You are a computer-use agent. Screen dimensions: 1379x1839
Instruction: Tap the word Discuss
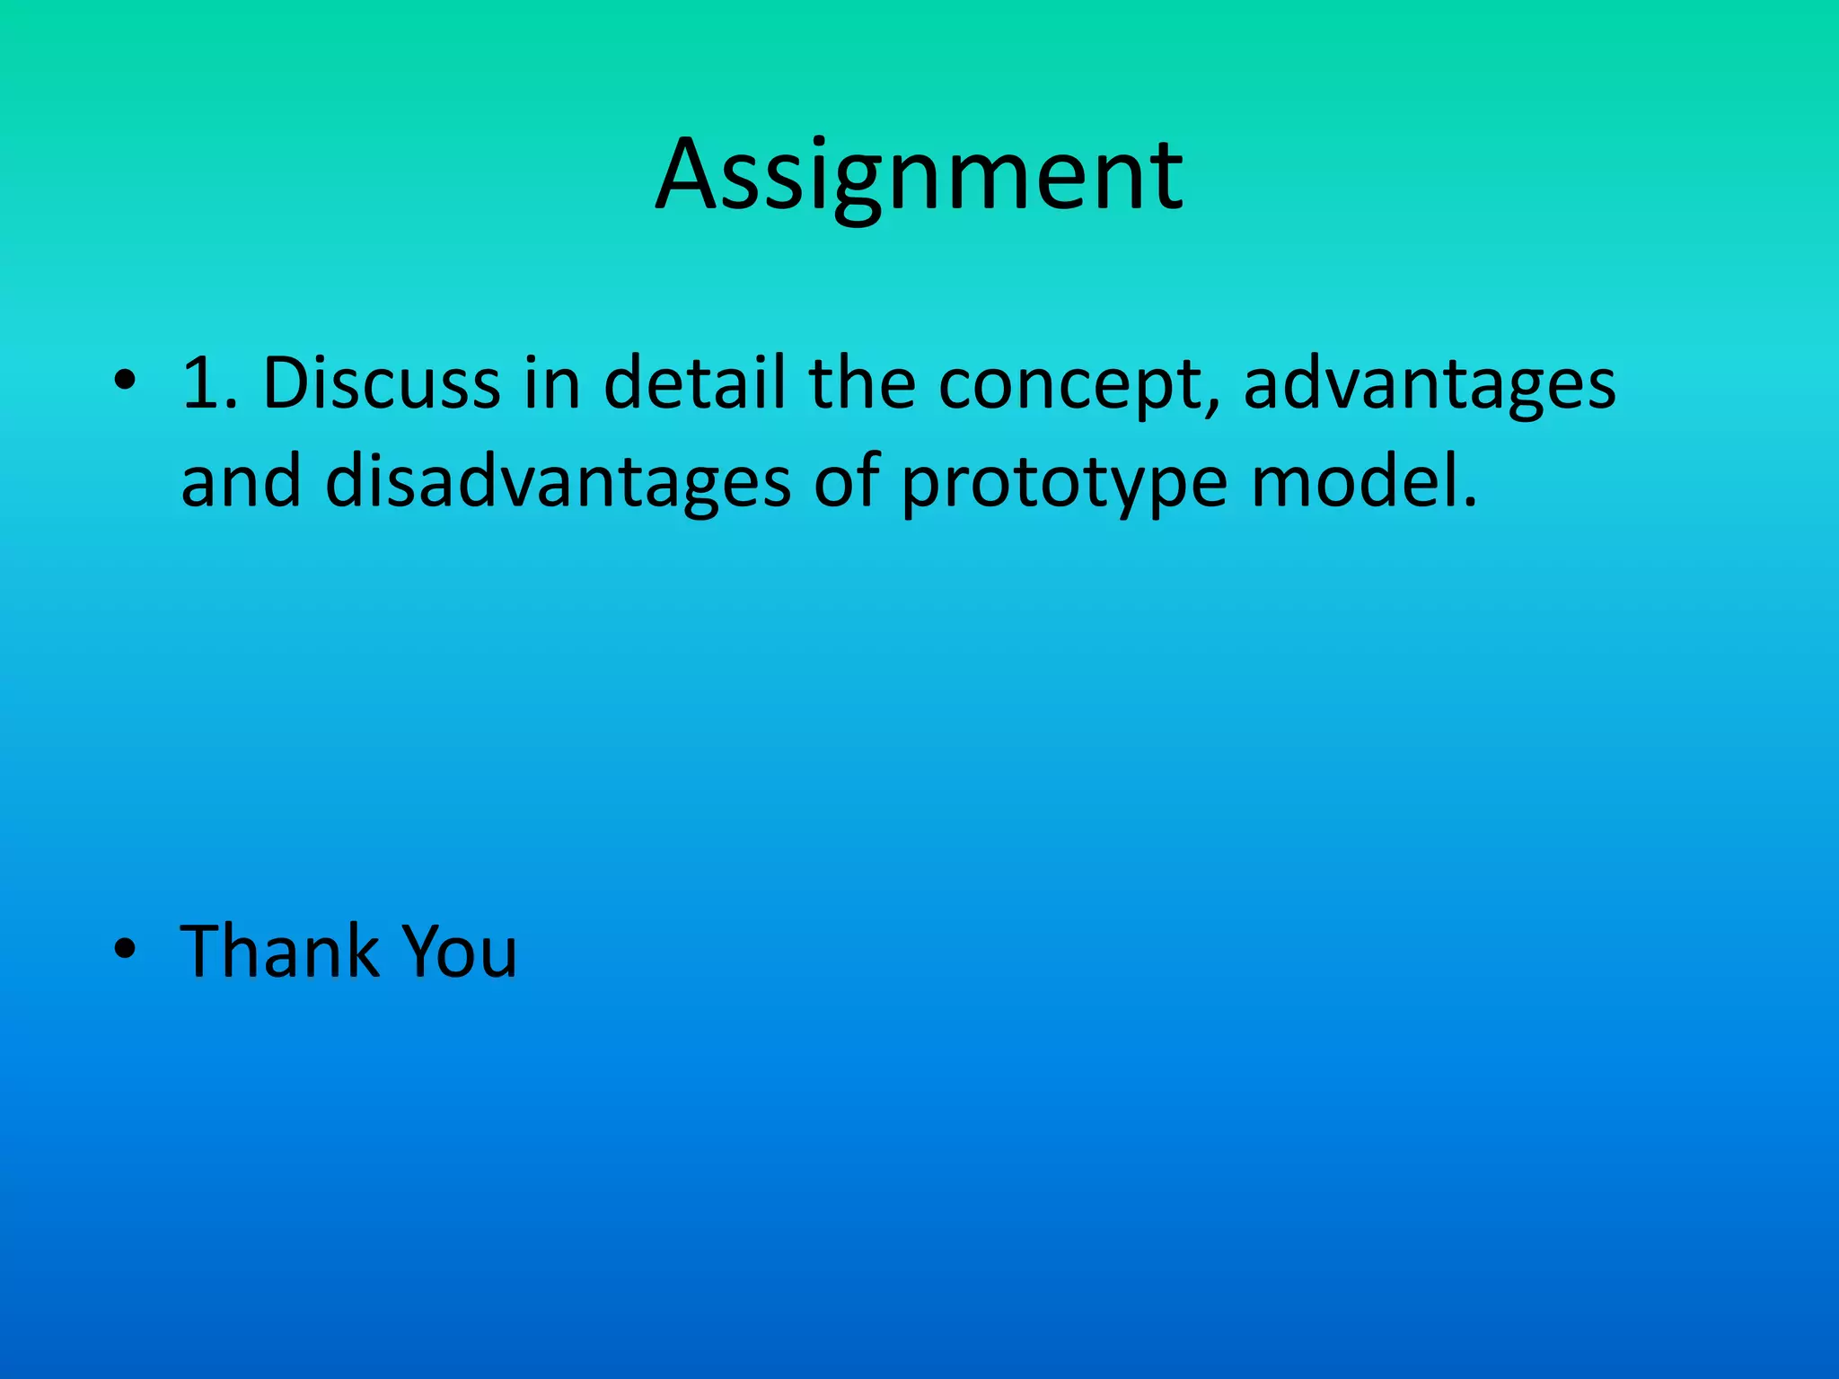[x=381, y=384]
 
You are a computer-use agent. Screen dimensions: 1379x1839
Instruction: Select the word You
[x=459, y=951]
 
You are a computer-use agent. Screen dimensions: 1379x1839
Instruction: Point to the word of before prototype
[x=844, y=483]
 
